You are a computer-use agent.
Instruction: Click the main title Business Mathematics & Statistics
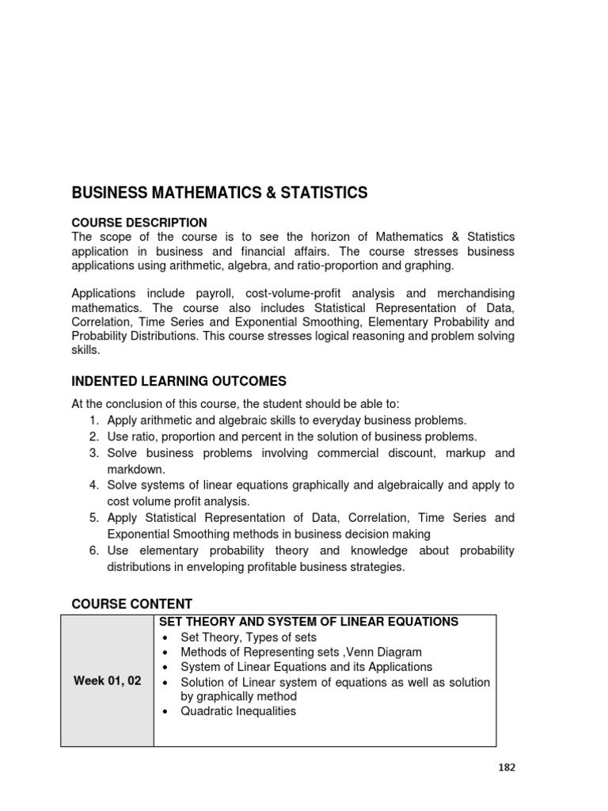pyautogui.click(x=219, y=192)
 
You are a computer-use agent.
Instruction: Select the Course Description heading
pyautogui.click(x=139, y=223)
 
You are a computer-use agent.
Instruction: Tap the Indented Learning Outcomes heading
pyautogui.click(x=179, y=381)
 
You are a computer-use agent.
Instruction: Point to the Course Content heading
pyautogui.click(x=132, y=603)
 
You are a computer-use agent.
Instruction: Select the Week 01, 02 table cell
pyautogui.click(x=108, y=680)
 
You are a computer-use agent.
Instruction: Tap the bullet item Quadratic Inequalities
pyautogui.click(x=238, y=711)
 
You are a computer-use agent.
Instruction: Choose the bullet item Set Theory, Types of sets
pyautogui.click(x=249, y=638)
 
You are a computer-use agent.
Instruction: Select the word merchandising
pyautogui.click(x=470, y=293)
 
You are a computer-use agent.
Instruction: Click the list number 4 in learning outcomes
pyautogui.click(x=93, y=485)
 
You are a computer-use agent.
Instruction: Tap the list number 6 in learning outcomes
pyautogui.click(x=93, y=550)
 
